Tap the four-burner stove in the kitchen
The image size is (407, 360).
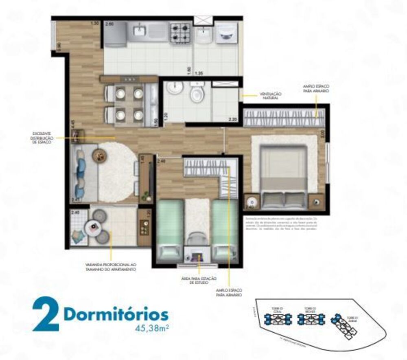(180, 33)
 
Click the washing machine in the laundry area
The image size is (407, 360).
(225, 33)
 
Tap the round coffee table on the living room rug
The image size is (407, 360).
(98, 155)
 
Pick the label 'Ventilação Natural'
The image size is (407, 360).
(271, 96)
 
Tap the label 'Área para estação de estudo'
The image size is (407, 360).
(199, 281)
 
